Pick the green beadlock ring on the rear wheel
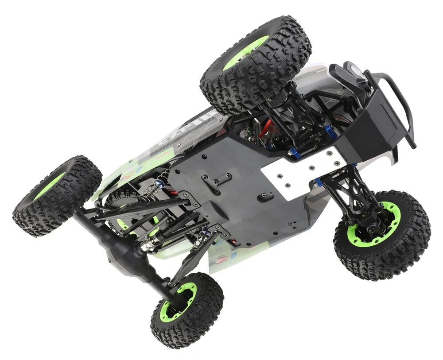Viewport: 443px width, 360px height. pos(177,301)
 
